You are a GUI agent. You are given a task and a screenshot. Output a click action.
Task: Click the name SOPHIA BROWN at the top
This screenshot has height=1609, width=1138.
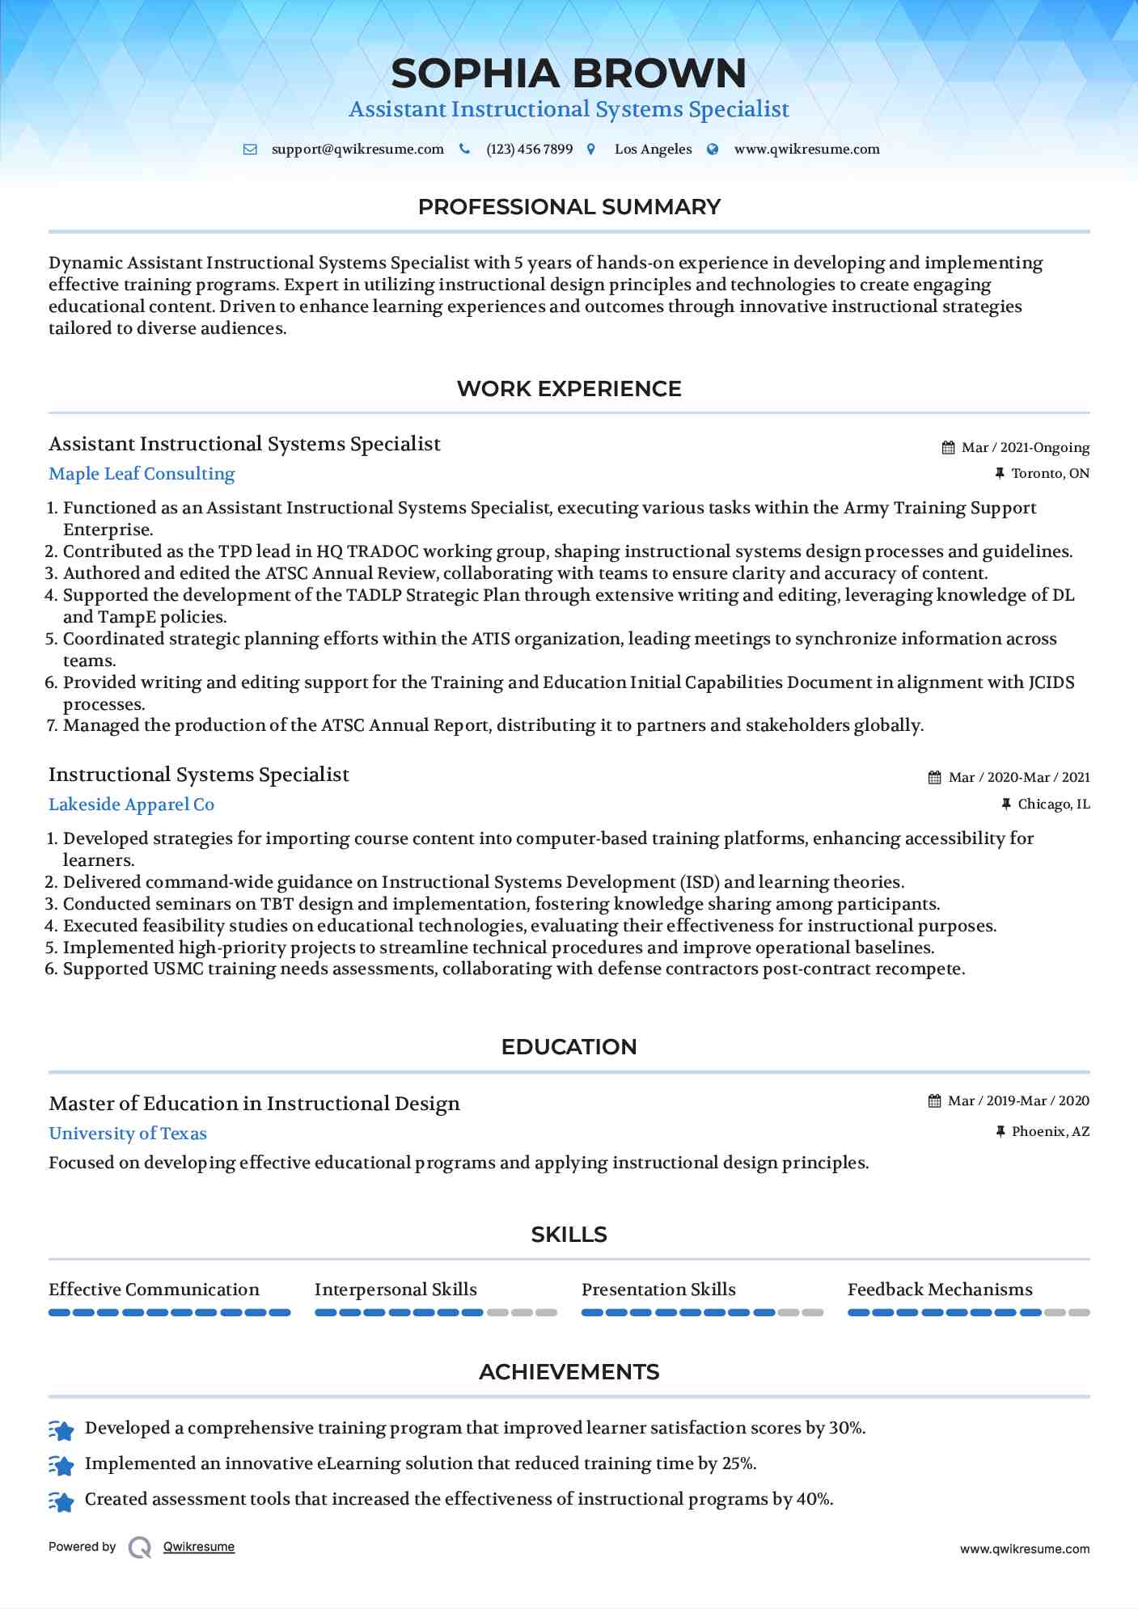point(569,74)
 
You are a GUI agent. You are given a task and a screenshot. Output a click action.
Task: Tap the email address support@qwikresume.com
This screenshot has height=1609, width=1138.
point(357,150)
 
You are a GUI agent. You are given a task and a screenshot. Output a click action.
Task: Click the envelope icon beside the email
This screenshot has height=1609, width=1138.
point(250,150)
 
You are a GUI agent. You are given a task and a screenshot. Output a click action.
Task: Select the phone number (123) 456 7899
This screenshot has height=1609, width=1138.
point(529,150)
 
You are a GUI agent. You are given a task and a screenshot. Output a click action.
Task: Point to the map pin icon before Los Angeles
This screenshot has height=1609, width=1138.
point(591,150)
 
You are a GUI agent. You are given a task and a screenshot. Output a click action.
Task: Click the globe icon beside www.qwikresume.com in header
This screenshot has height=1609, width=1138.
point(713,150)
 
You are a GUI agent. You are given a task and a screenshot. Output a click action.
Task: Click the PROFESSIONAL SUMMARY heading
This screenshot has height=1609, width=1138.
point(569,207)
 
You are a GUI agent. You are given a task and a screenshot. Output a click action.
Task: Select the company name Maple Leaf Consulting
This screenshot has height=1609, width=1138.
point(142,474)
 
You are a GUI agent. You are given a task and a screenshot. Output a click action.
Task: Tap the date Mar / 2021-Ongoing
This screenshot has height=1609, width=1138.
point(1025,448)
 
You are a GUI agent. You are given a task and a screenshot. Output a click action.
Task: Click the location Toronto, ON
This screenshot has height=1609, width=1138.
point(1050,474)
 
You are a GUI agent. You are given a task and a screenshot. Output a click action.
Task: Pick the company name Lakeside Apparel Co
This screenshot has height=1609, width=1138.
point(131,804)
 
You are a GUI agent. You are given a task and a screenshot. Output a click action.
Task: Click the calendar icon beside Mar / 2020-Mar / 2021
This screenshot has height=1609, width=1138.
point(934,778)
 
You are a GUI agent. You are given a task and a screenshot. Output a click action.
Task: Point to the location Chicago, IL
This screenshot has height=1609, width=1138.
point(1053,804)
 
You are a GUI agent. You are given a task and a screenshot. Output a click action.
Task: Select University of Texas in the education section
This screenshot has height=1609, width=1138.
point(128,1134)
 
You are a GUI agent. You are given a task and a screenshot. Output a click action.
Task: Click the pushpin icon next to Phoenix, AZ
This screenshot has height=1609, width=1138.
point(1001,1132)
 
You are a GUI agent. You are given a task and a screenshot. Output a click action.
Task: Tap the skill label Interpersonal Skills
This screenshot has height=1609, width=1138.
point(396,1290)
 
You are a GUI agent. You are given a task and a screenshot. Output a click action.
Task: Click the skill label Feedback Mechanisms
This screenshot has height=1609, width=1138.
point(940,1290)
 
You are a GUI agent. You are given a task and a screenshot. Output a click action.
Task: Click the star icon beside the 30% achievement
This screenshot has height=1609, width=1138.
point(61,1430)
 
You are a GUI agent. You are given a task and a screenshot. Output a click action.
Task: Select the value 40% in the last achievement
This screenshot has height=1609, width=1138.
point(814,1499)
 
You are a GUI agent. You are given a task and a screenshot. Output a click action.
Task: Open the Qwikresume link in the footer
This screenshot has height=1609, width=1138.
point(199,1547)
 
